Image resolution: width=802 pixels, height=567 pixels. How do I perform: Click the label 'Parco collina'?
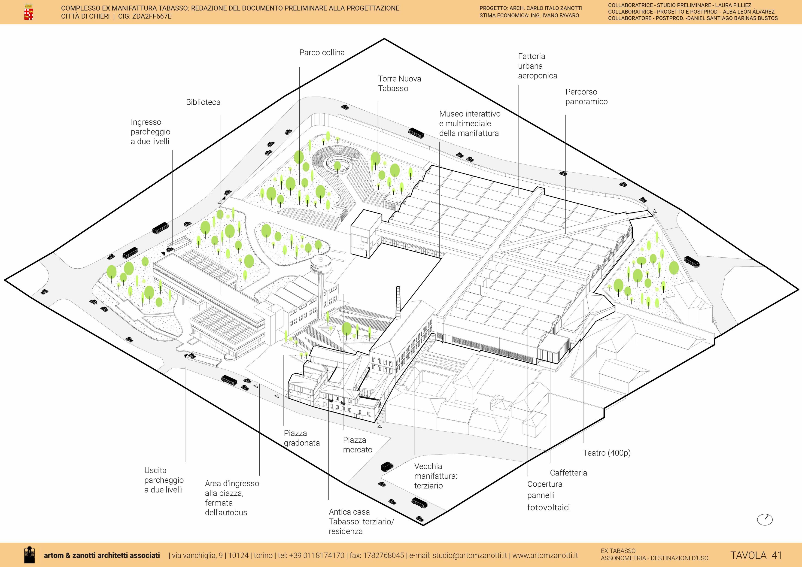322,53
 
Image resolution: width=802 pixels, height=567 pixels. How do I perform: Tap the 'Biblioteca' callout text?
203,102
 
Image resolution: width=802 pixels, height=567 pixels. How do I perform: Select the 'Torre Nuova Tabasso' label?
399,84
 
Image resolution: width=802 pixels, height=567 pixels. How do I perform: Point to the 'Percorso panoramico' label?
586,97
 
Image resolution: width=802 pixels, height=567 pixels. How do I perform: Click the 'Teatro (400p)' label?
606,453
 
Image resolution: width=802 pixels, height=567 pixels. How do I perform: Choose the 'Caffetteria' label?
568,473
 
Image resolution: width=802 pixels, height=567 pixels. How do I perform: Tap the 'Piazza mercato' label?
357,445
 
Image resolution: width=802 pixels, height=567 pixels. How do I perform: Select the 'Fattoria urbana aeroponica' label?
537,66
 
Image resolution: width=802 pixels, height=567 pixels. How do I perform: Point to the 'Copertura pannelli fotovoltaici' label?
548,496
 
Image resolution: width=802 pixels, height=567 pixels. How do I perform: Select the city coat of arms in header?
29,12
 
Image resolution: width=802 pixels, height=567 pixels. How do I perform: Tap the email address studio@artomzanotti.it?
469,555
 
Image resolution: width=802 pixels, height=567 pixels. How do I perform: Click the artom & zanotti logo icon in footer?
29,555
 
